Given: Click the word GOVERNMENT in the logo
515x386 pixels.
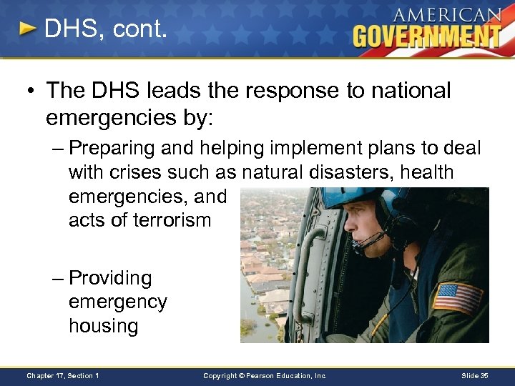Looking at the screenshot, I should pos(427,35).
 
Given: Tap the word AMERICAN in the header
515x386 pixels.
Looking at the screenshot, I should pos(447,14).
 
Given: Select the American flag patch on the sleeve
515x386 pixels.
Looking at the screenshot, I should pos(458,298).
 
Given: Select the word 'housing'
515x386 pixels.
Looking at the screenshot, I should pos(103,326).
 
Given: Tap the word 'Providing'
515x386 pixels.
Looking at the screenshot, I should pos(110,278).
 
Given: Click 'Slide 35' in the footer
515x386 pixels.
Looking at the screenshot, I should pos(475,375).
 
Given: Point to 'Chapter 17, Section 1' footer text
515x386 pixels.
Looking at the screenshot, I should pos(63,375).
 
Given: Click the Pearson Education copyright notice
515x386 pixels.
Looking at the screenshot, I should pos(265,375).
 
